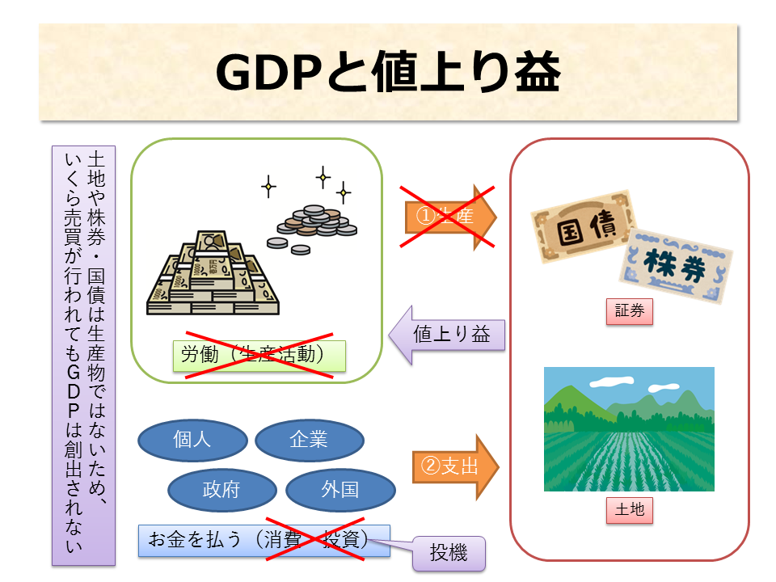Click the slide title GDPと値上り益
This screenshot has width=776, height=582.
click(x=388, y=74)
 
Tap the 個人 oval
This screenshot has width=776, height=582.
click(x=192, y=439)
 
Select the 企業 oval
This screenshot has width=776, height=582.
click(x=309, y=439)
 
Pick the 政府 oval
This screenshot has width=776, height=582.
click(x=221, y=490)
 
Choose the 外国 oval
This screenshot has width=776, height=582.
click(x=340, y=490)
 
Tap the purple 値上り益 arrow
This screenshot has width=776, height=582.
click(x=448, y=334)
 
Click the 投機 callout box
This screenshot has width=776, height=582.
click(x=449, y=555)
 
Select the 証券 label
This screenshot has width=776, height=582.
click(x=629, y=311)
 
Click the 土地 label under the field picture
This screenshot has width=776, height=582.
click(x=629, y=510)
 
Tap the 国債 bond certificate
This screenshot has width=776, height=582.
click(x=582, y=226)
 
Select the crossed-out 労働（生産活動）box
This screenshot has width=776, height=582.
click(x=259, y=356)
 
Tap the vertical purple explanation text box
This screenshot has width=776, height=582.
click(x=83, y=356)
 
